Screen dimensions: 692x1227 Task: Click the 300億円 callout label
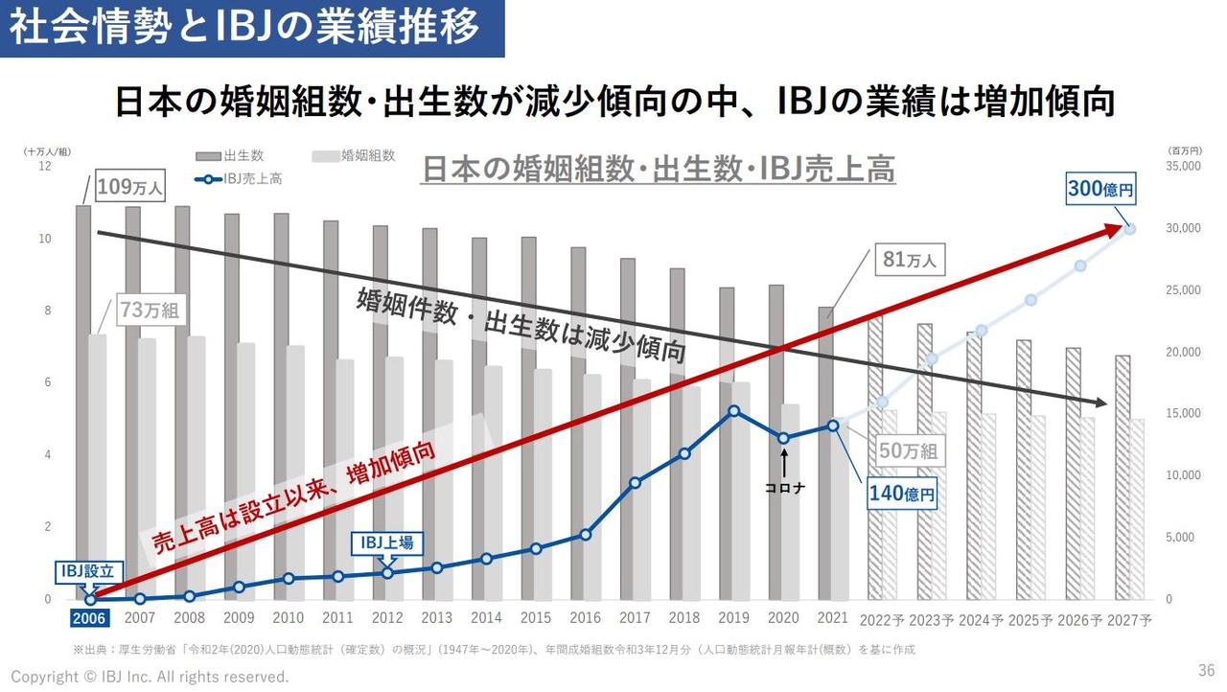[1100, 190]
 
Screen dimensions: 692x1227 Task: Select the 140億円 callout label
[901, 494]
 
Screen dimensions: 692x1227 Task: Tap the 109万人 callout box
[129, 187]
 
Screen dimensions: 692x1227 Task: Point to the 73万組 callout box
[150, 311]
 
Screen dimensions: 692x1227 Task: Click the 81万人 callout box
[909, 260]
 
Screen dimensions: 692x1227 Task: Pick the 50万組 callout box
[909, 450]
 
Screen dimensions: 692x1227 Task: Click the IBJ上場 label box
[387, 542]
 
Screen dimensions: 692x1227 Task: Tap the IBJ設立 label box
[87, 571]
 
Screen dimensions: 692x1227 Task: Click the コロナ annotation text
[784, 488]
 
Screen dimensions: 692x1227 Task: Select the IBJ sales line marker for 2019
[733, 411]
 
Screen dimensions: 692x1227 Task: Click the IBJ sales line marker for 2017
[635, 482]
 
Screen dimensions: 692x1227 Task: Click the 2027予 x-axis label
[1128, 619]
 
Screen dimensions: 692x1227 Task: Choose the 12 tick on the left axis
[44, 167]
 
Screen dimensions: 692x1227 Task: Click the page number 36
[1206, 669]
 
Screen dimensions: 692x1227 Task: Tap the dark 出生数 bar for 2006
[83, 403]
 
